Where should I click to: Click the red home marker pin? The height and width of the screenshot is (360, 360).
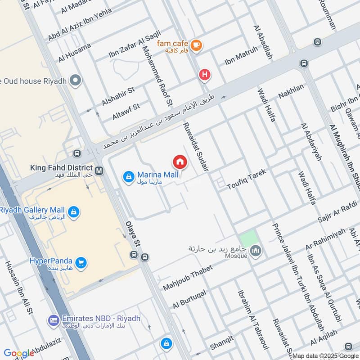pyautogui.click(x=180, y=162)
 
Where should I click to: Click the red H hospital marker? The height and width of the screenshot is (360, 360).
pyautogui.click(x=205, y=75)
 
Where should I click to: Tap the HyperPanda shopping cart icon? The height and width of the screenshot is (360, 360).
pyautogui.click(x=81, y=262)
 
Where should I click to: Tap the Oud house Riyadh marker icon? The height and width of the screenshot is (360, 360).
pyautogui.click(x=76, y=81)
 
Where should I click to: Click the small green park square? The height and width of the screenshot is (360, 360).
pyautogui.click(x=247, y=238)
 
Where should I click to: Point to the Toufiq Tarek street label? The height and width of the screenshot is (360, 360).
pyautogui.click(x=247, y=179)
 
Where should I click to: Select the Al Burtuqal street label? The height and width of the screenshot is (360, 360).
pyautogui.click(x=189, y=299)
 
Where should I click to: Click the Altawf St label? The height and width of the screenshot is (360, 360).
pyautogui.click(x=126, y=111)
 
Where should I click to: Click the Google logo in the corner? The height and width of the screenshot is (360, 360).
pyautogui.click(x=19, y=353)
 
